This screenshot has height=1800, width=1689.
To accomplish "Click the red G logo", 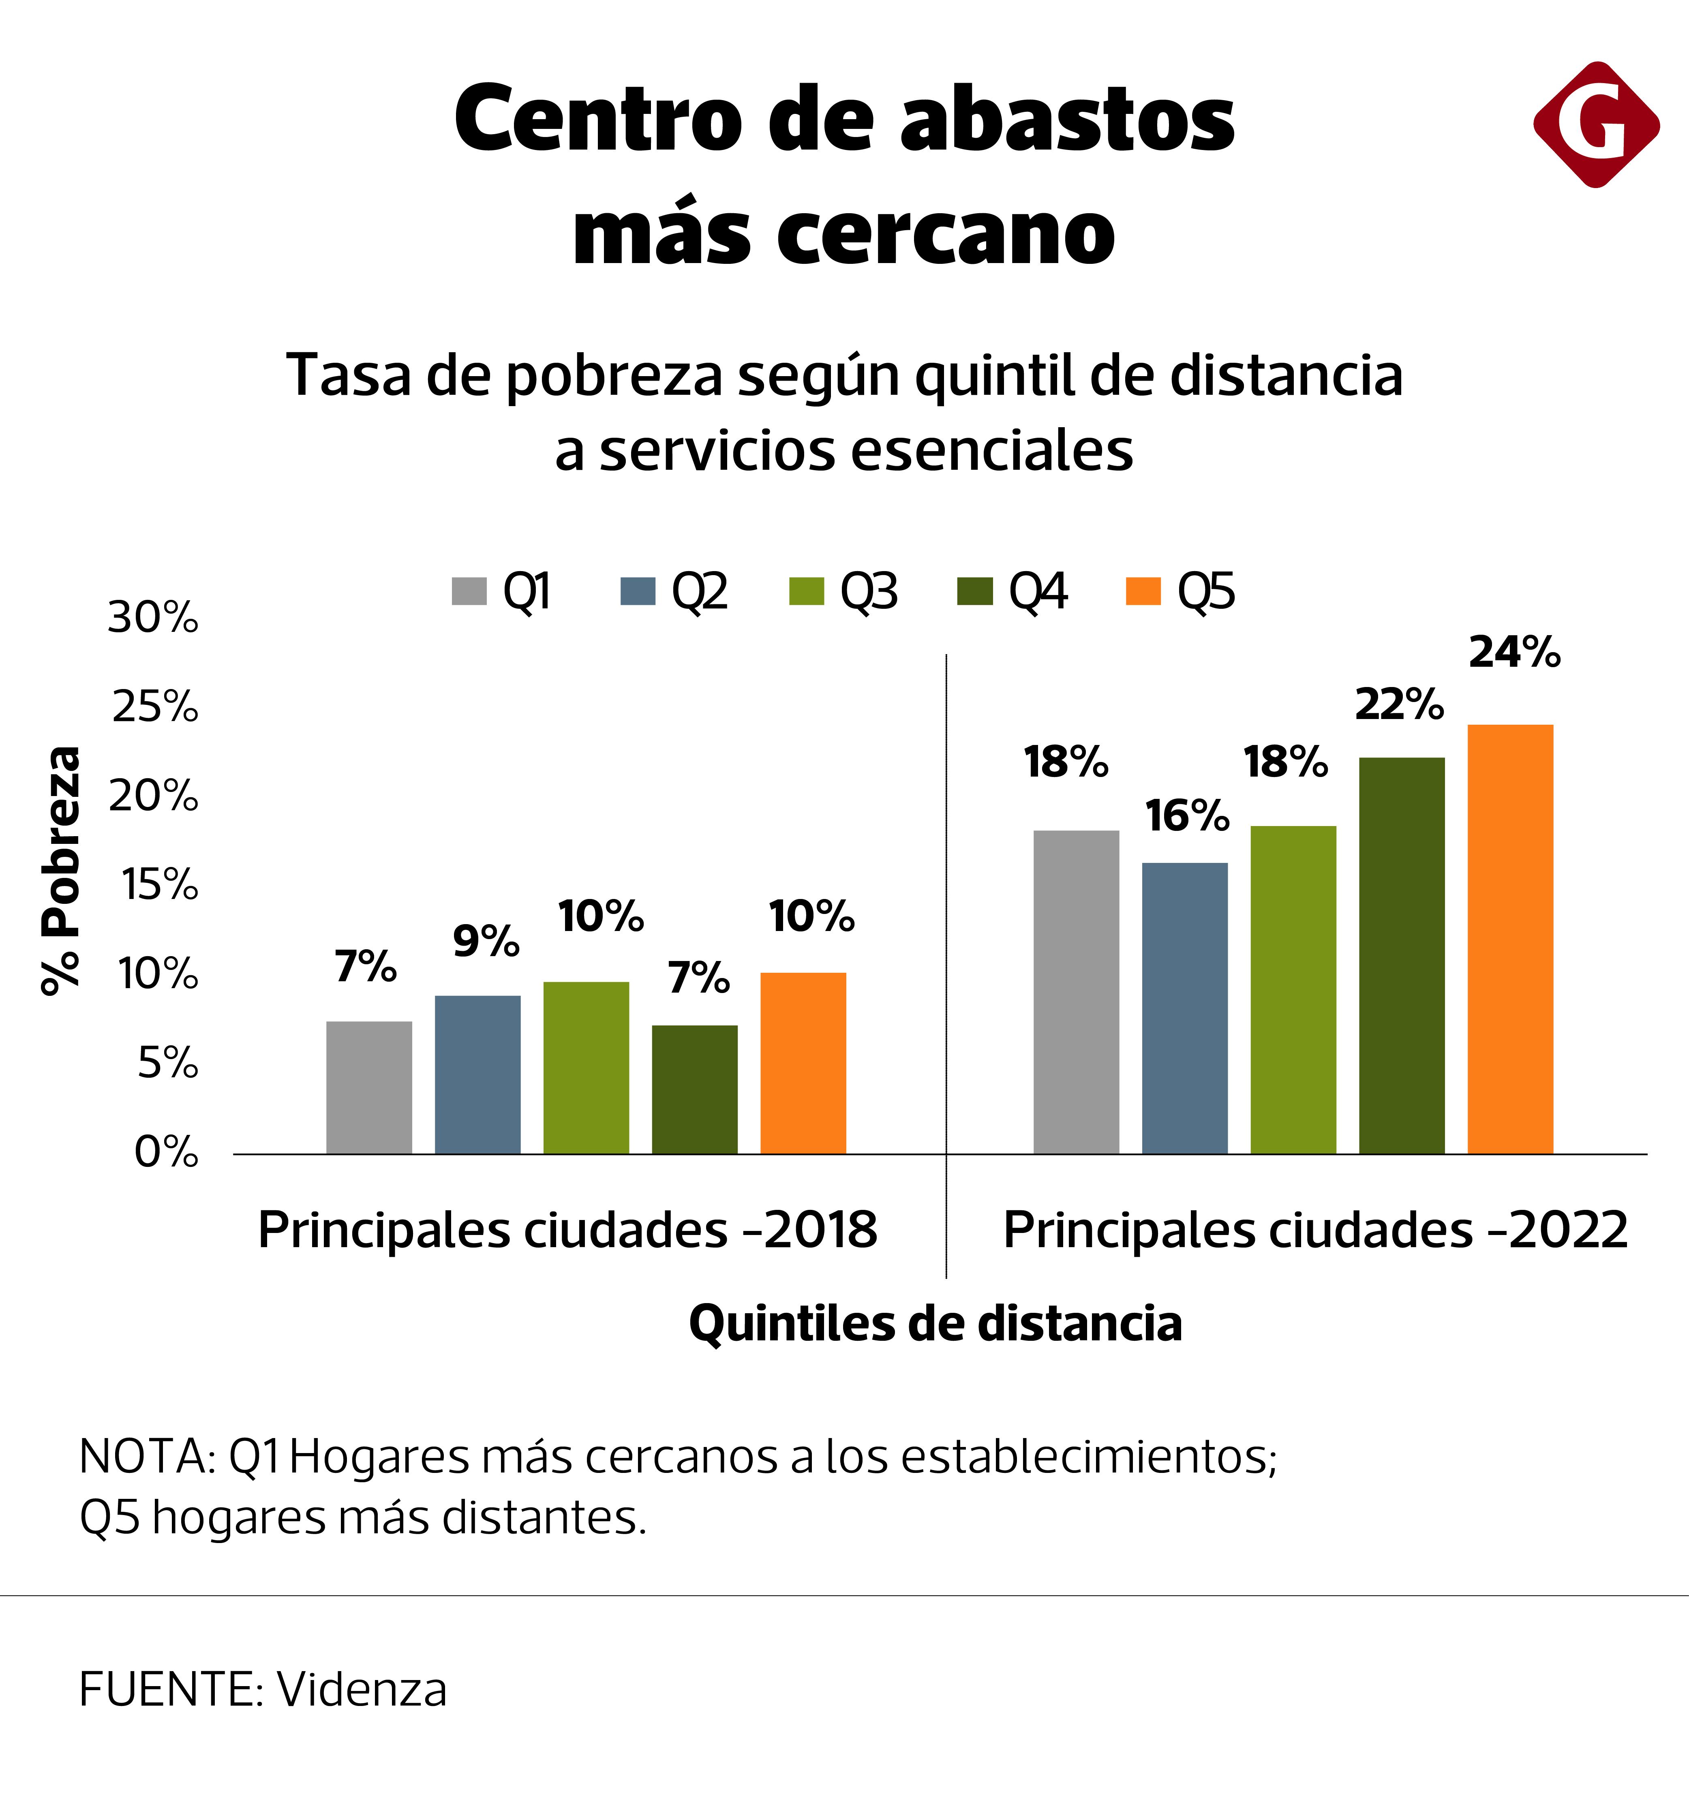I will click(x=1596, y=125).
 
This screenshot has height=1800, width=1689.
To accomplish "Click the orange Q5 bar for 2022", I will click(x=1510, y=939).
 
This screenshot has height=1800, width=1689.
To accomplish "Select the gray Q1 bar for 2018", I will click(x=368, y=1087).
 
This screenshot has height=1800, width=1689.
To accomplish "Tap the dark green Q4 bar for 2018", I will click(x=695, y=1089).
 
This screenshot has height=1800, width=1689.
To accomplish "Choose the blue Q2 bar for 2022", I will click(x=1184, y=1008).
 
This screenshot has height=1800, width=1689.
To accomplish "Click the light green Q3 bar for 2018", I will click(x=586, y=1068).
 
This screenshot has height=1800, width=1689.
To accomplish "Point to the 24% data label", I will click(x=1514, y=653).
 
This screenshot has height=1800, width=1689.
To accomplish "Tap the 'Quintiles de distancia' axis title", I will click(x=935, y=1324).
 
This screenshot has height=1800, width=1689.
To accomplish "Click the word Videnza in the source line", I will click(x=362, y=1689).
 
